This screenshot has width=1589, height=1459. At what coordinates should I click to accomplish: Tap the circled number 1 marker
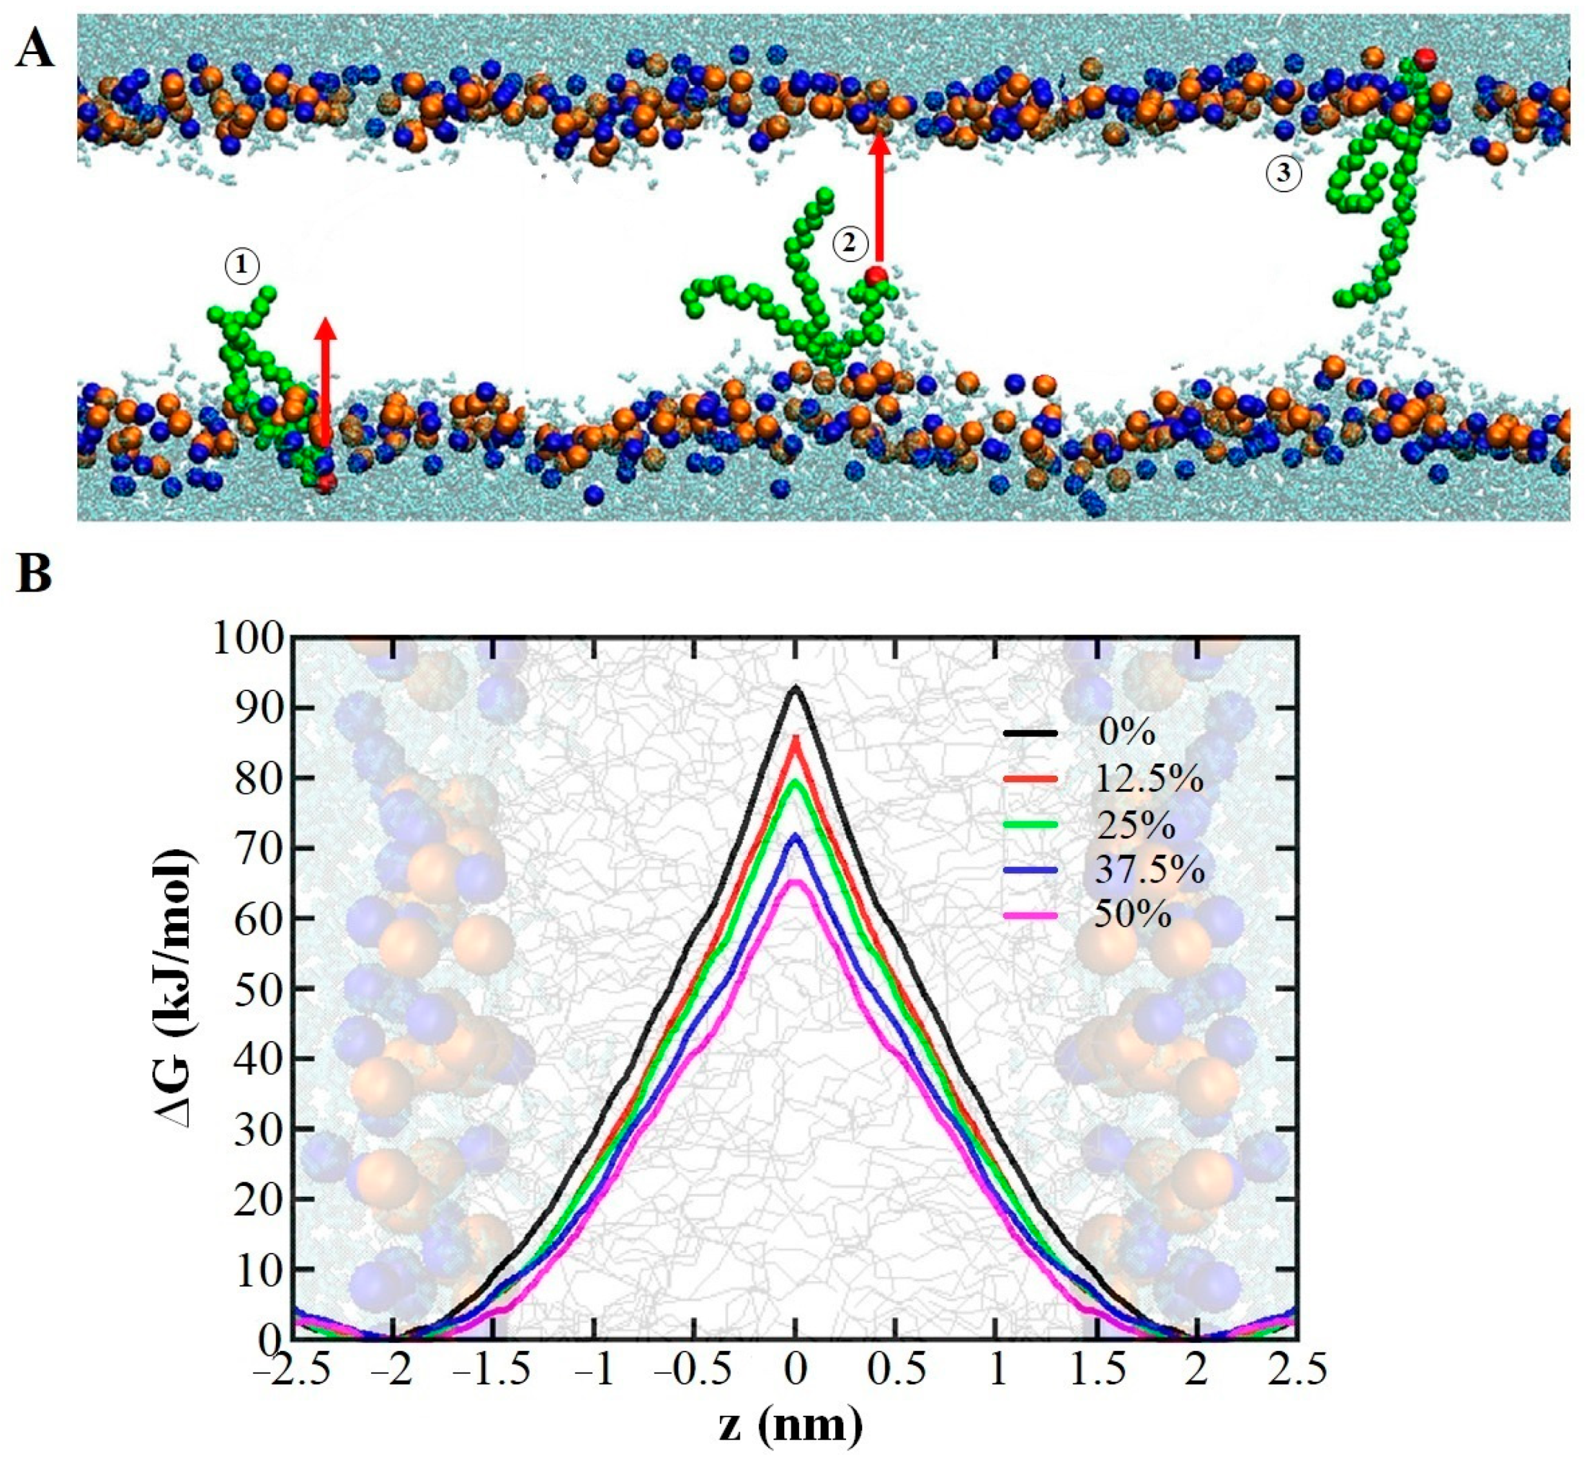[242, 267]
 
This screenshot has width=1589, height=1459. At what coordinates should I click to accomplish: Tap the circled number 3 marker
[1284, 172]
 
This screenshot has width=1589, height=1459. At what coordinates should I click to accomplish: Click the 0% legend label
[1126, 734]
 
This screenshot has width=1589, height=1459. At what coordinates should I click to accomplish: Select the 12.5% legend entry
[1148, 779]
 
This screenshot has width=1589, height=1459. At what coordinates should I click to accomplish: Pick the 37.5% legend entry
[1148, 869]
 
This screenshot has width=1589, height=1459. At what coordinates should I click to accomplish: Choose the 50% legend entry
[1133, 914]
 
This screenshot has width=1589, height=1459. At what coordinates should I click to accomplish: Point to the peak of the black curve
[796, 689]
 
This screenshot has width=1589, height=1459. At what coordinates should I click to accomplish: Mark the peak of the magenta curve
[796, 882]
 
